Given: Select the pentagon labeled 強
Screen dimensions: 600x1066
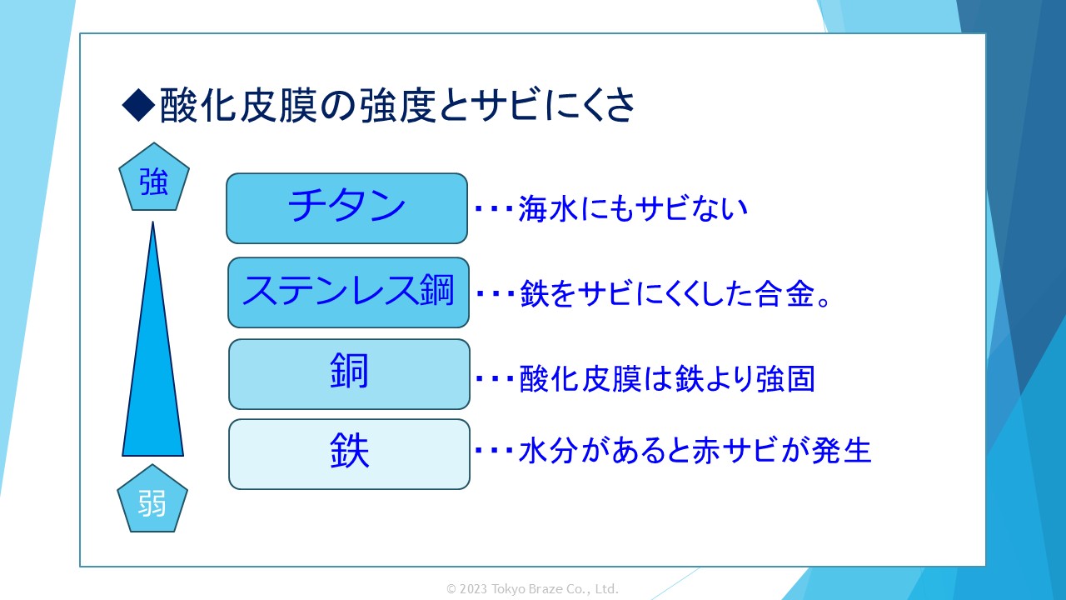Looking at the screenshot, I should click(154, 182).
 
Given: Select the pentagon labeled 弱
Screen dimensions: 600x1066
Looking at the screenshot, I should click(152, 502).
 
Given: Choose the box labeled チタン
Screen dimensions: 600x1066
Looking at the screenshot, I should click(346, 208).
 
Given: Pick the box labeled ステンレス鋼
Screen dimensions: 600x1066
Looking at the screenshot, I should click(348, 292).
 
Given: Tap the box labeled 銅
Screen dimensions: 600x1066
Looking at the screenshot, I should click(349, 374).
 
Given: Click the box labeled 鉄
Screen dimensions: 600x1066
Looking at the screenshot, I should click(349, 454).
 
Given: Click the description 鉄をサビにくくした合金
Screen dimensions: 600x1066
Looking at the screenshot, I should click(675, 294).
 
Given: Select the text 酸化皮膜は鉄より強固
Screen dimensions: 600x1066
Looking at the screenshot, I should click(666, 379).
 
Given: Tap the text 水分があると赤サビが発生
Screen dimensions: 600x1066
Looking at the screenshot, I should click(695, 451).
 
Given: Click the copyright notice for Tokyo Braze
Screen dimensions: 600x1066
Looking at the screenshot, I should click(533, 589).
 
